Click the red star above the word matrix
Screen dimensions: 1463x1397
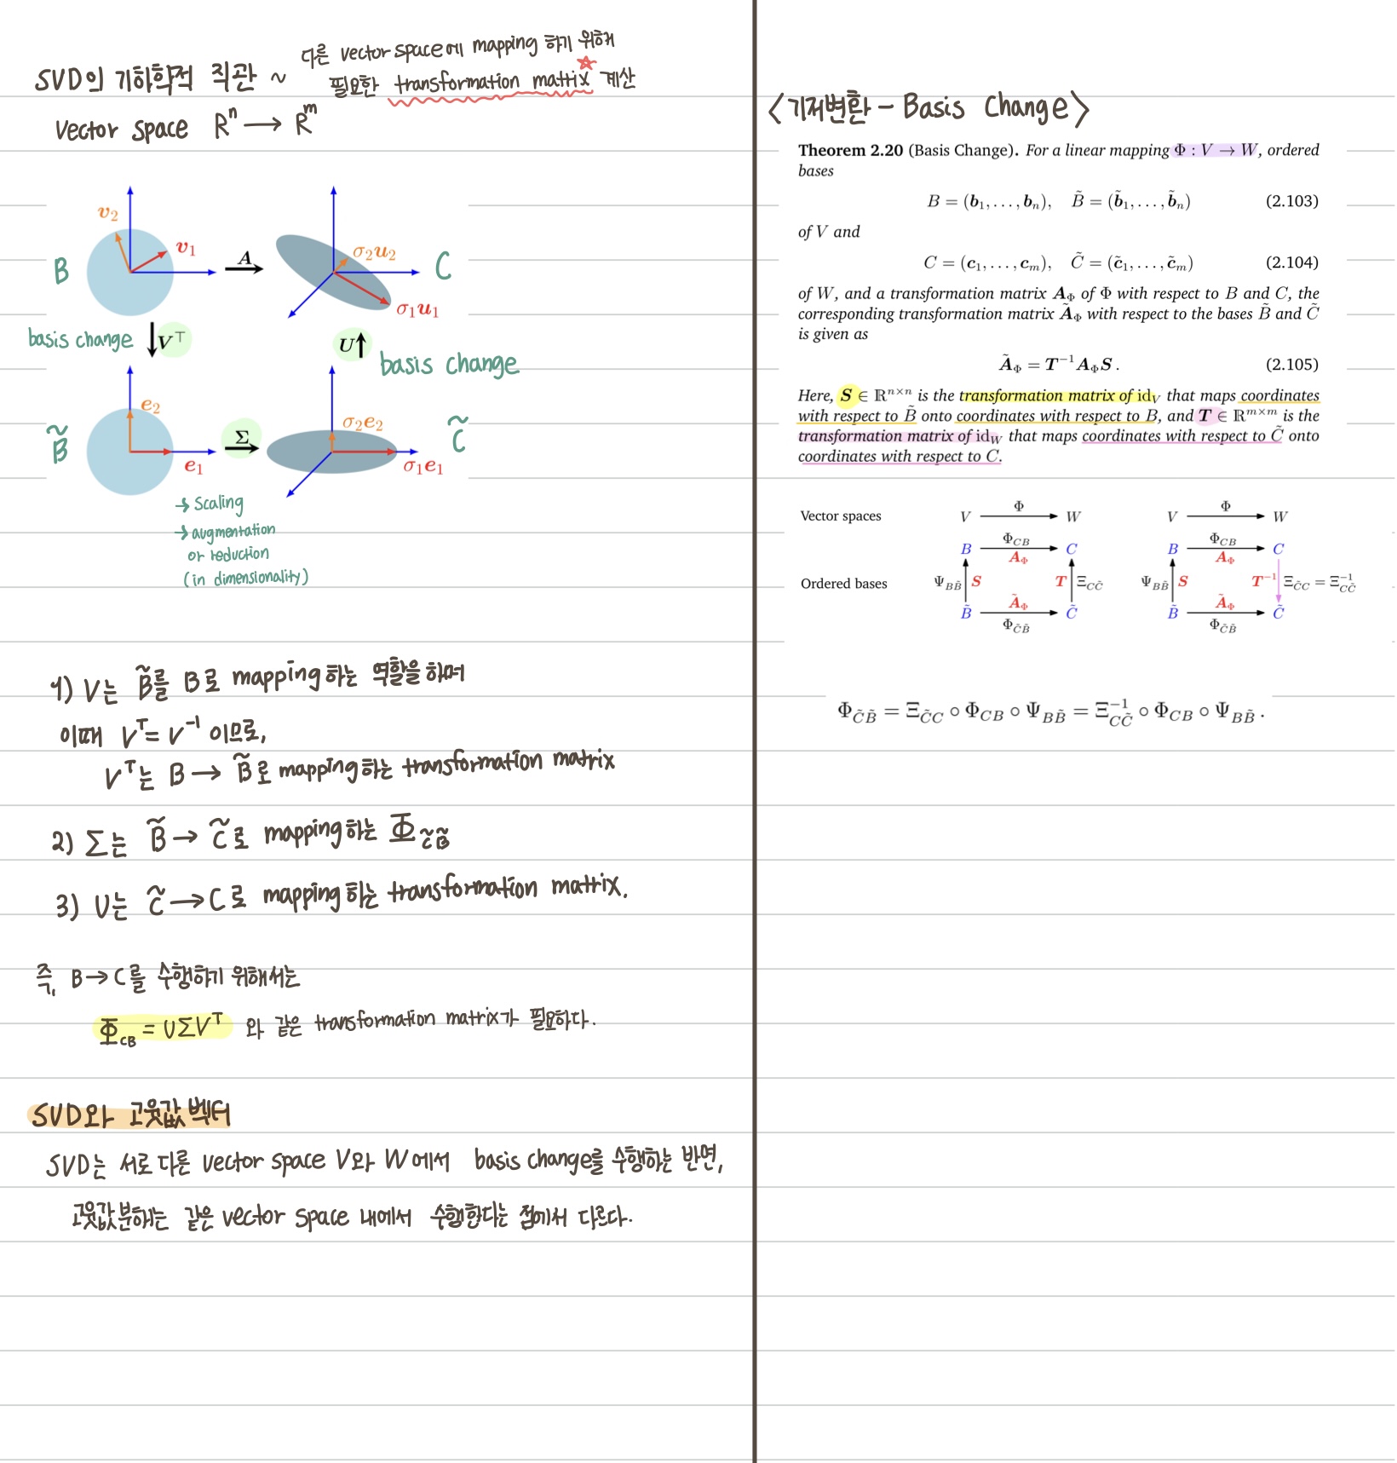tap(586, 63)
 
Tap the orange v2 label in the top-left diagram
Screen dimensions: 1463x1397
tap(108, 213)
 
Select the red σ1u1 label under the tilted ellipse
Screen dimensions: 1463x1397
tap(417, 309)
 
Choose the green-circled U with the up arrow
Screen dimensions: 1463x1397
tap(353, 344)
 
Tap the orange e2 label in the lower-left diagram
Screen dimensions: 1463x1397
tap(151, 406)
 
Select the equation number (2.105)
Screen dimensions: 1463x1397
tap(1291, 365)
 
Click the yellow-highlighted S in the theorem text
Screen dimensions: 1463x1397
tap(846, 395)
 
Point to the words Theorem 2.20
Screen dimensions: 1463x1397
tap(850, 151)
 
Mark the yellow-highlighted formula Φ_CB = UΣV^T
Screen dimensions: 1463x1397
tap(162, 1028)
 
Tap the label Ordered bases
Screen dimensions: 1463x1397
tap(843, 584)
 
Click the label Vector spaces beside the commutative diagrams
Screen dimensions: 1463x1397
tap(841, 516)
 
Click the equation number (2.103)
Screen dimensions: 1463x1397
tap(1291, 201)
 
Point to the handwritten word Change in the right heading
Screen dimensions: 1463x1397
tap(1026, 107)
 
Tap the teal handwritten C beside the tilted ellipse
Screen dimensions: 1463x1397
tap(443, 266)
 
